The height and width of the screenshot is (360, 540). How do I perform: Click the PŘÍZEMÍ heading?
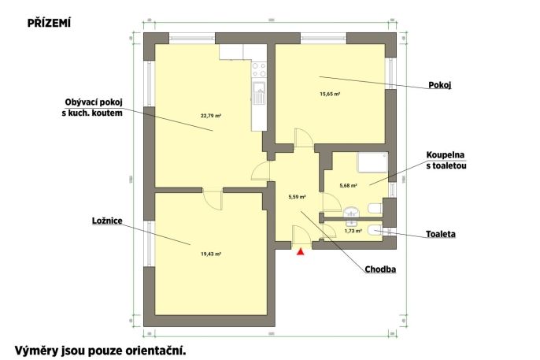[49, 23]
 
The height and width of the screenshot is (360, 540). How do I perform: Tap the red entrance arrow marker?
[301, 252]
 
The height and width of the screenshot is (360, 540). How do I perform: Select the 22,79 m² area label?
[211, 116]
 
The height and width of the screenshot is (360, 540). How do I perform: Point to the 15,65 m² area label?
[331, 94]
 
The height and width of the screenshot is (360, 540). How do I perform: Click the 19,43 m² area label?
[211, 254]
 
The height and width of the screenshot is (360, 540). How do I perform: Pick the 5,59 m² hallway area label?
[298, 197]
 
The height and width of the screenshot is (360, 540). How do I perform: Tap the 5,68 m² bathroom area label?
[348, 185]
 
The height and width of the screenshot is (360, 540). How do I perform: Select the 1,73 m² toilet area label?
[353, 231]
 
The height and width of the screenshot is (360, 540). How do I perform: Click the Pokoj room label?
[440, 85]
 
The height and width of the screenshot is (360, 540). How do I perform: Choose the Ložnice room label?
[107, 221]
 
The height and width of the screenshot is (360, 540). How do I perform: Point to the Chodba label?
[380, 269]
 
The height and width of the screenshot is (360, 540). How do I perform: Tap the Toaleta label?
[441, 234]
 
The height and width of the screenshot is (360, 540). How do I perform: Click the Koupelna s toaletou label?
[446, 160]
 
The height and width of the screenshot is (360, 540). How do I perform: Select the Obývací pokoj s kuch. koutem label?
[92, 107]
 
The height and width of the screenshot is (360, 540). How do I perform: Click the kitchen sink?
[259, 92]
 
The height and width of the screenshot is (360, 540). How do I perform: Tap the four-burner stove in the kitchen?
[259, 69]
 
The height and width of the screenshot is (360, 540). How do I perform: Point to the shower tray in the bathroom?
[372, 162]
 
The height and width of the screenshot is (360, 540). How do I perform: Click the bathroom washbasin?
[351, 212]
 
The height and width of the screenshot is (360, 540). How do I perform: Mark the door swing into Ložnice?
[213, 199]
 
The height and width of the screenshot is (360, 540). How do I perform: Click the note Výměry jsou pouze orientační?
[100, 351]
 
